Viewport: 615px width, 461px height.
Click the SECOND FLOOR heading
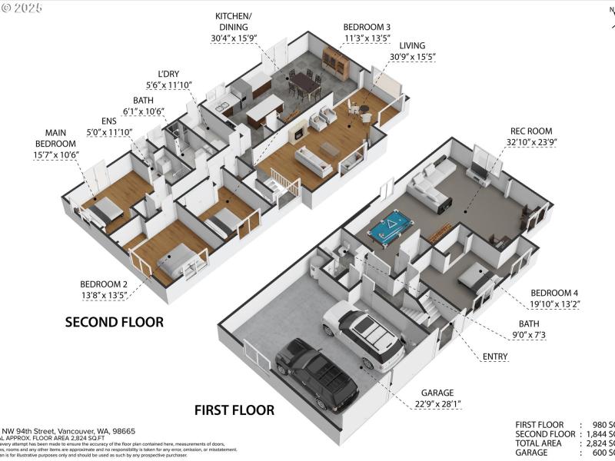tap(114, 322)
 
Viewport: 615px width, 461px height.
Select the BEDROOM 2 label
tap(104, 282)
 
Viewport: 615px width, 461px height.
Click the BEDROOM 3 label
tap(366, 27)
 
